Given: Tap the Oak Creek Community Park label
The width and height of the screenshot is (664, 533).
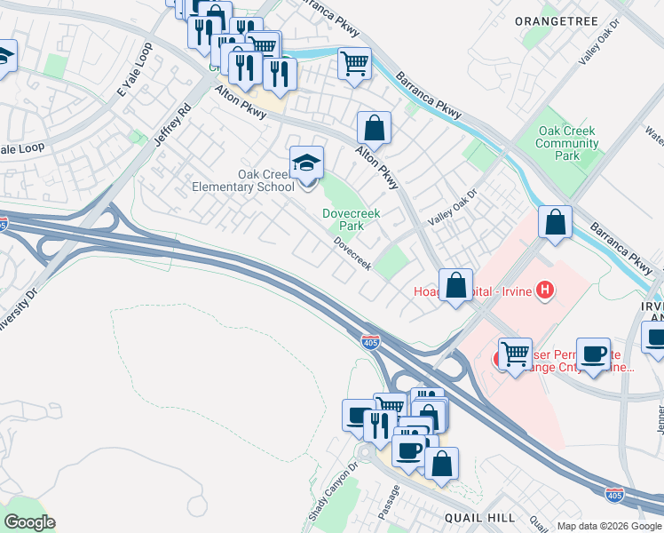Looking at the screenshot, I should [567, 144].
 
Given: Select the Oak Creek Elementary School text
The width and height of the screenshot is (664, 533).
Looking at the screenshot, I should [243, 180].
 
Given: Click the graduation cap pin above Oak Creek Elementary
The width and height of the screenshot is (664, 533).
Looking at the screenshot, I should [306, 163].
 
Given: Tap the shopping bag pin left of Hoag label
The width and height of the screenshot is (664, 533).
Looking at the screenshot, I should [455, 286].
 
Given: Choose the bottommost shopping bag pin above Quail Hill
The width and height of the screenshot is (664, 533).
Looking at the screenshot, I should [441, 464].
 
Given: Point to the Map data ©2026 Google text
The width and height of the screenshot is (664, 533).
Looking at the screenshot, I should [608, 526].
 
